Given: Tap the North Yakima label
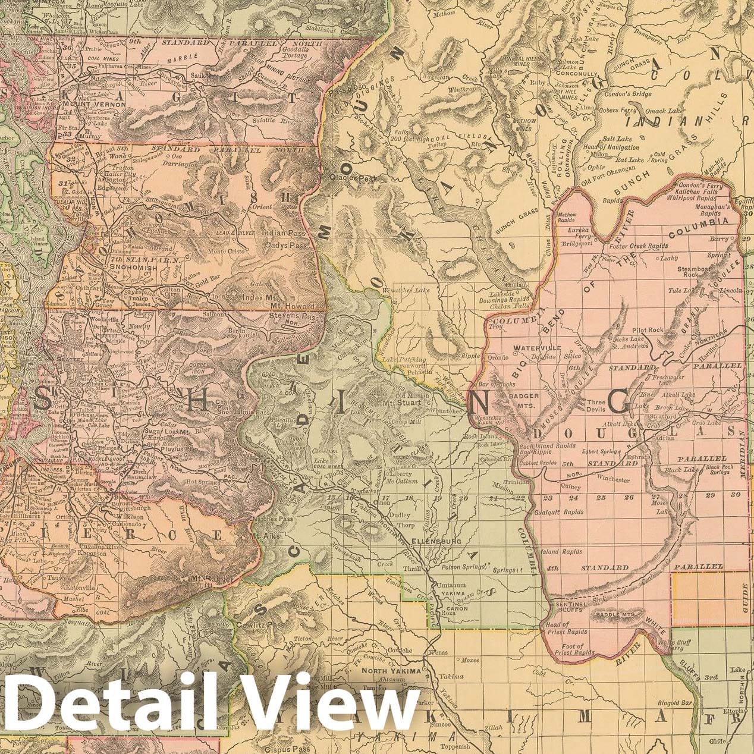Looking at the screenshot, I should (394, 671).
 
